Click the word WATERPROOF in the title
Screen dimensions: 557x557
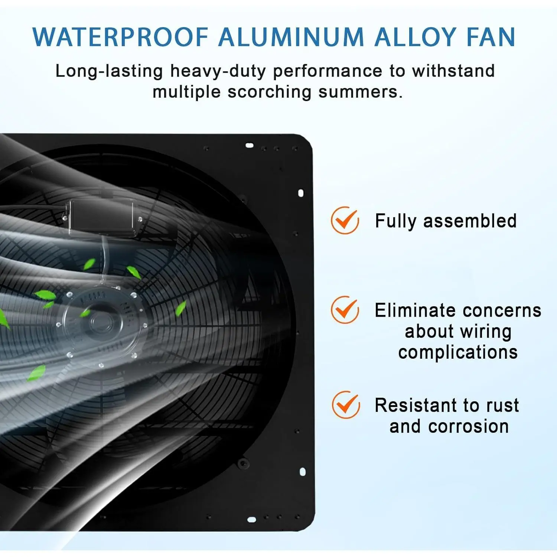coord(120,37)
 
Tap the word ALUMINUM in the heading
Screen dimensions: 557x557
coord(291,37)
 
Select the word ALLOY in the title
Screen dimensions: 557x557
coord(415,37)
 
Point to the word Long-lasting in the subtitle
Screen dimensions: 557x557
coord(109,71)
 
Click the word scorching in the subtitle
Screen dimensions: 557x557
coord(270,92)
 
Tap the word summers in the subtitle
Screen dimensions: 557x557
coord(360,92)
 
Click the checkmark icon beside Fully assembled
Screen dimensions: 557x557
coord(345,220)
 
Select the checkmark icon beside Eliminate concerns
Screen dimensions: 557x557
coord(345,310)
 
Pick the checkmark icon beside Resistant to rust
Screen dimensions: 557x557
coord(346,405)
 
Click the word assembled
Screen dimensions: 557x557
coord(470,221)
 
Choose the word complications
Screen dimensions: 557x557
coord(458,352)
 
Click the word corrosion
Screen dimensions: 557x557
coord(468,426)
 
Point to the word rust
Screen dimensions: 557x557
coord(502,405)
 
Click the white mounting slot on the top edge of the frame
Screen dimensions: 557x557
coord(250,145)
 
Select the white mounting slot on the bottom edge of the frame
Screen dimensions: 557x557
coord(251,519)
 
